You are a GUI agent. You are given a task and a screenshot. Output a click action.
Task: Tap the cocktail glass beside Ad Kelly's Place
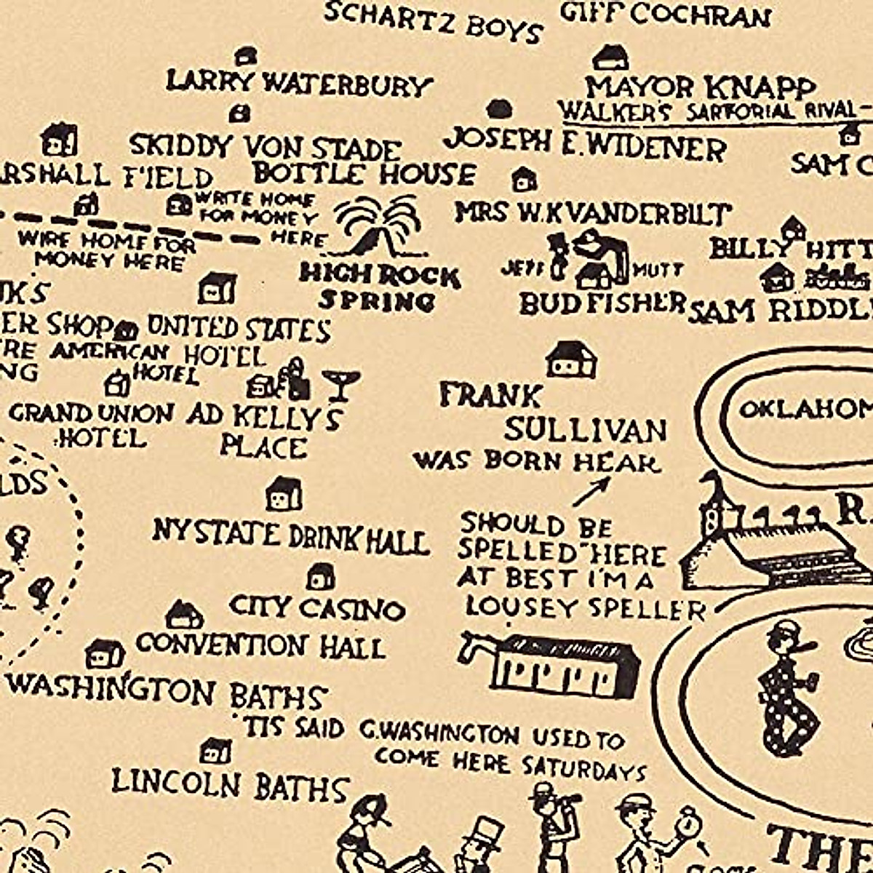point(340,384)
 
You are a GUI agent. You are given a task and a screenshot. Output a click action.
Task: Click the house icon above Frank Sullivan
point(572,359)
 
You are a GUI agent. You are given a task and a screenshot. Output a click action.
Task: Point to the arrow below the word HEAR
point(591,492)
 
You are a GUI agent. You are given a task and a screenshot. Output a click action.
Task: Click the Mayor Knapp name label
point(700,87)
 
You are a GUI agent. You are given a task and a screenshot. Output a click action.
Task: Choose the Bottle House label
point(364,174)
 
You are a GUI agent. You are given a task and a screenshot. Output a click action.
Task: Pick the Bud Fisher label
point(602,303)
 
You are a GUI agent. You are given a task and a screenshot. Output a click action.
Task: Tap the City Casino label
point(316,607)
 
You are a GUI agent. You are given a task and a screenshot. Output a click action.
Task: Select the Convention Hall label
point(260,645)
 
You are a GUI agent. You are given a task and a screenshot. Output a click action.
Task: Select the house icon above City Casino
point(321,576)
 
